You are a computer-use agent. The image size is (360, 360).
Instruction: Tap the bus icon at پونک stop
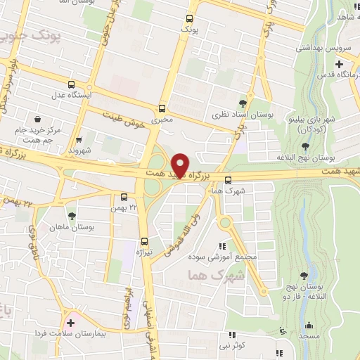189,20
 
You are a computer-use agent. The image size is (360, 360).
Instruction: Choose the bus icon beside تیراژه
144,240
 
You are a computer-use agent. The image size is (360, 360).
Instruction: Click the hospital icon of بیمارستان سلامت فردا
70,323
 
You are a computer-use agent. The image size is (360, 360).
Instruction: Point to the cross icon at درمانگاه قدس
339,64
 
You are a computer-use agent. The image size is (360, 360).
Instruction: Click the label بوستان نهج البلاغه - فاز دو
303,292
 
